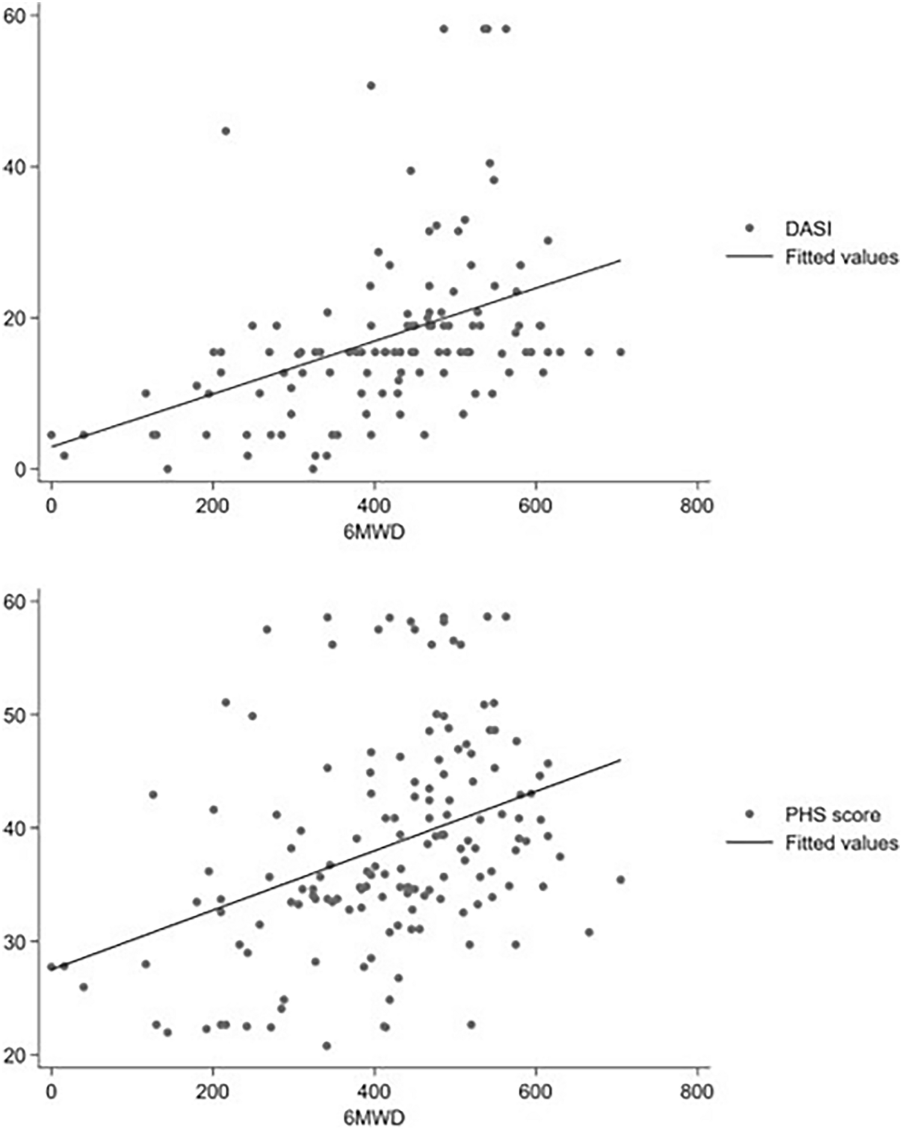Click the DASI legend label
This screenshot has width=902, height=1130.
(x=808, y=229)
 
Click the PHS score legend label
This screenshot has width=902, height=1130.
(x=832, y=815)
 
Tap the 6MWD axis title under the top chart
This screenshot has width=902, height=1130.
(x=374, y=532)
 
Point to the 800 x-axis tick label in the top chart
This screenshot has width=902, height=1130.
(x=697, y=505)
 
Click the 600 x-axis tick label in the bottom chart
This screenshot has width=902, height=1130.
(x=535, y=1091)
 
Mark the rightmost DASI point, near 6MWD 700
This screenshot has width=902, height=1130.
(x=620, y=352)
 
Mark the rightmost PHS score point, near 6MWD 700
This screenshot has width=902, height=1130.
(x=620, y=880)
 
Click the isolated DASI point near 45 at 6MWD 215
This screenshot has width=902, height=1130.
(x=226, y=131)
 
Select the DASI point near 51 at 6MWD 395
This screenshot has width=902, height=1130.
(x=371, y=86)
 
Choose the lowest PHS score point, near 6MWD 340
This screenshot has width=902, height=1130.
(x=327, y=1046)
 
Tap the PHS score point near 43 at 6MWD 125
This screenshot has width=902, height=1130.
(x=153, y=795)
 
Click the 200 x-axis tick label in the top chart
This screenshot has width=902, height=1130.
(x=212, y=505)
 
